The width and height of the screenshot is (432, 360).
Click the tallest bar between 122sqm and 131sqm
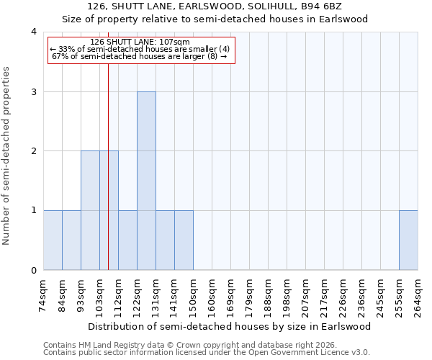pos(146,181)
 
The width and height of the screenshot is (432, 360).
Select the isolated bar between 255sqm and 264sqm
pos(408,240)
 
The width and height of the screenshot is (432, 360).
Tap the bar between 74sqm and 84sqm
pos(53,240)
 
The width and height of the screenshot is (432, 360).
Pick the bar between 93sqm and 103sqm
pos(90,210)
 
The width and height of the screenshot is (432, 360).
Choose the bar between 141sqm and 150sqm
pos(184,240)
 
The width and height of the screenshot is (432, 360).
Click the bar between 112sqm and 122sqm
pos(127,240)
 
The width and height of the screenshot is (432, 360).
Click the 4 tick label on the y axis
pos(33,32)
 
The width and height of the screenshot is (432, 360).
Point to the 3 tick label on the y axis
pos(33,91)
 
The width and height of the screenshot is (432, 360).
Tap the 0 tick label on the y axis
pos(33,271)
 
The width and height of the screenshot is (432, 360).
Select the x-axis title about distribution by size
pos(231,326)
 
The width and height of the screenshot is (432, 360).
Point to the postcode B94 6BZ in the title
pos(321,6)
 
